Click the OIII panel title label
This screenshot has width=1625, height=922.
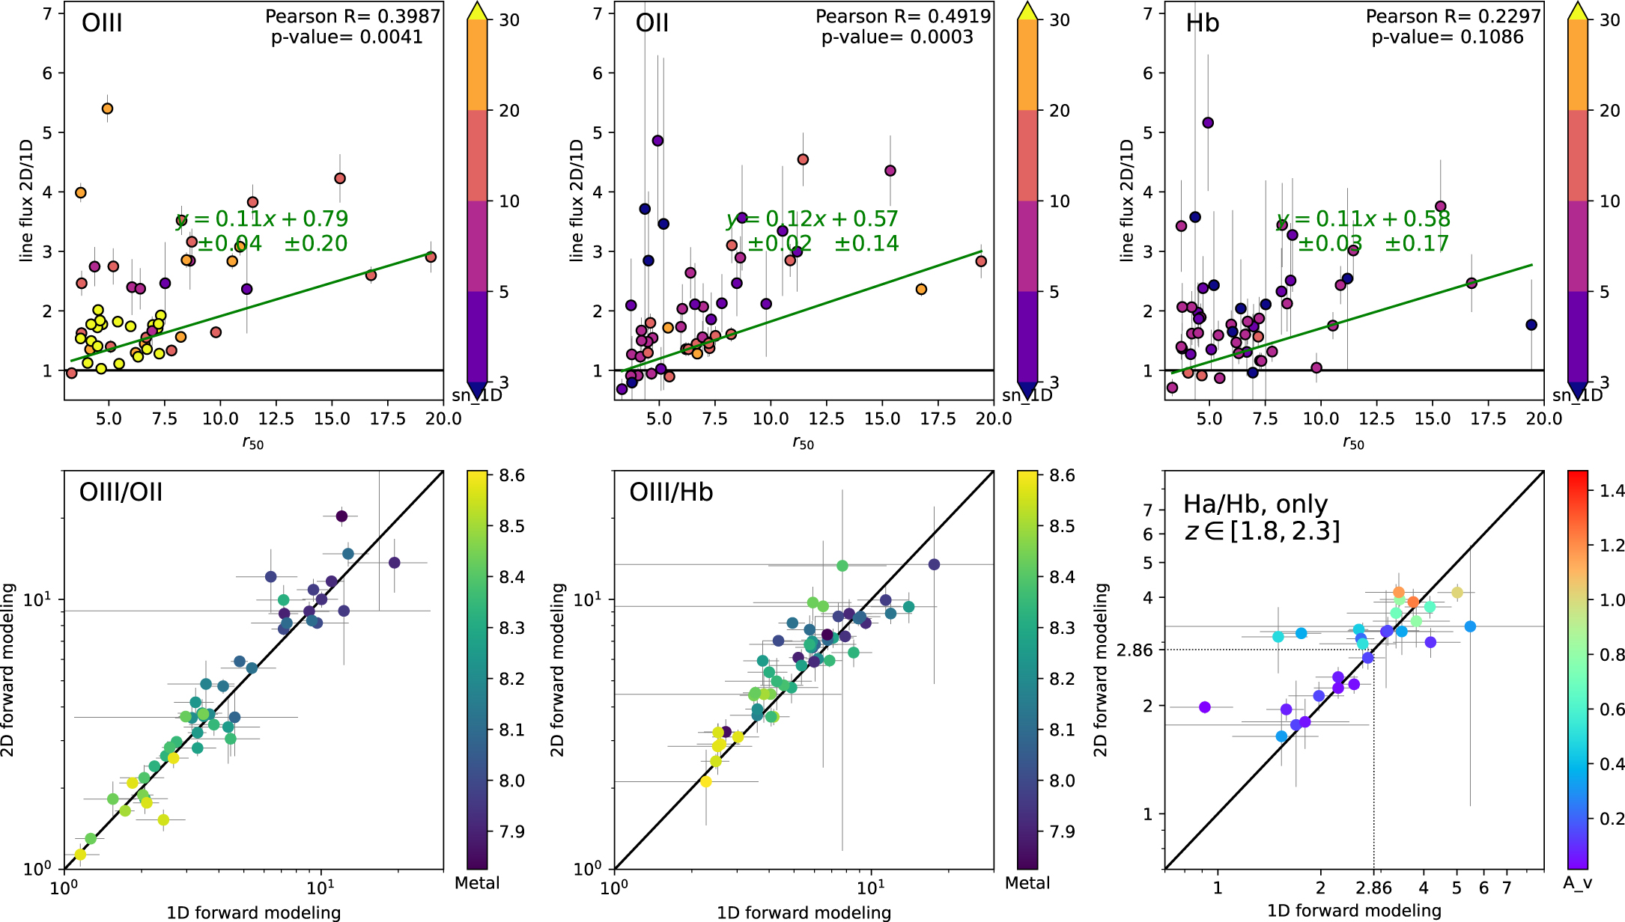point(102,23)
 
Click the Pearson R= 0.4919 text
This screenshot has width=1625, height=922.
point(902,16)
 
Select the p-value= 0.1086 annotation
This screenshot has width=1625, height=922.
point(1447,37)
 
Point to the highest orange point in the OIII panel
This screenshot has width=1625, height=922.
point(107,109)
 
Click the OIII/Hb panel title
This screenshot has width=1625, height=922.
point(671,492)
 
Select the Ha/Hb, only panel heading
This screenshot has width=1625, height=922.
point(1255,504)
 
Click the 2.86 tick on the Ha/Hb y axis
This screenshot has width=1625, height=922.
point(1135,650)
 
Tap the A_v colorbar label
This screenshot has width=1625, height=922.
point(1577,883)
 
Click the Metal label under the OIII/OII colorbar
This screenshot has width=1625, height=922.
point(477,883)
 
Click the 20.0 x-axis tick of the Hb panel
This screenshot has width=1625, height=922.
point(1544,418)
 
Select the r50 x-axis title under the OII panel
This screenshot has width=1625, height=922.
point(803,443)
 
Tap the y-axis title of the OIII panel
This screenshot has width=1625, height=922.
point(27,201)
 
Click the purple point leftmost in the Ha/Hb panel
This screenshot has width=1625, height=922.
point(1204,707)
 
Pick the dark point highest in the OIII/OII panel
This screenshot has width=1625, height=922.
point(341,516)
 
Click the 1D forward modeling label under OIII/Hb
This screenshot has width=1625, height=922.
point(804,912)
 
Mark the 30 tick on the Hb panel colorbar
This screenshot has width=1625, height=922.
point(1609,20)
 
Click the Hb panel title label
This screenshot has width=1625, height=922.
point(1202,23)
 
